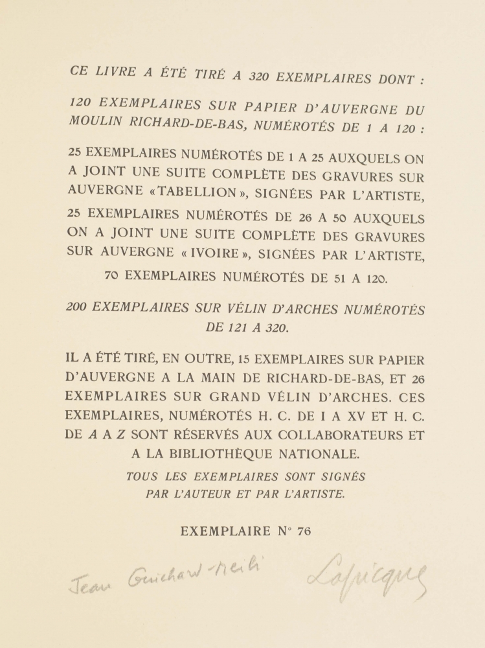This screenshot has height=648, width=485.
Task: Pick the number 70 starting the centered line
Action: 112,275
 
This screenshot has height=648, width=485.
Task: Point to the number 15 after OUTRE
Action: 243,358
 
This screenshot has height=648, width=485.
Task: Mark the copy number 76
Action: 304,531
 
